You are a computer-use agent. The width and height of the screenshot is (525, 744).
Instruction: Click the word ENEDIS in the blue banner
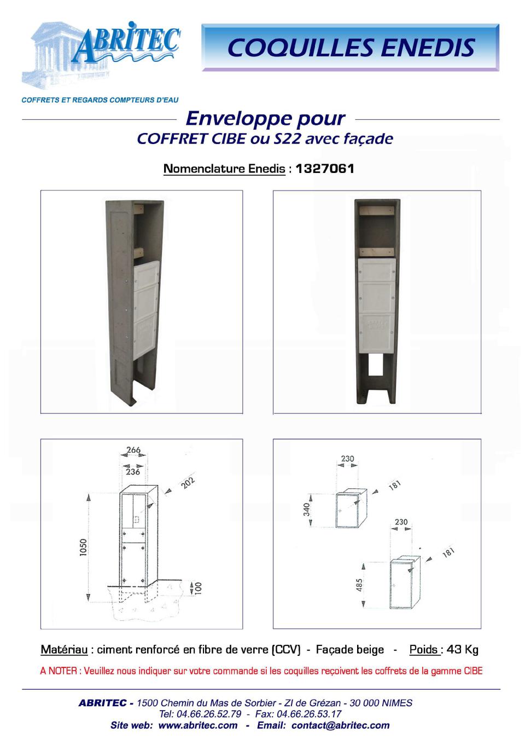pos(428,48)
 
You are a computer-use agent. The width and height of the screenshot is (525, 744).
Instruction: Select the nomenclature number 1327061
pos(325,169)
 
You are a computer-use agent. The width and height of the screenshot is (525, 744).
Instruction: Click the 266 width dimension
pos(133,450)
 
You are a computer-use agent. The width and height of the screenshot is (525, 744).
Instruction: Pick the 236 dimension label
pos(133,472)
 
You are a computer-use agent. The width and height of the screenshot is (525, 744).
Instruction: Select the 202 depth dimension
pos(188,483)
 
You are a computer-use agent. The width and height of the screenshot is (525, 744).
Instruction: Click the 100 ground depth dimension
pos(198,588)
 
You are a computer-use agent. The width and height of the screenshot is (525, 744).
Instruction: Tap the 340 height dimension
pos(307,510)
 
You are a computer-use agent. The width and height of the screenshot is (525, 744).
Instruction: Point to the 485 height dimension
pos(359,585)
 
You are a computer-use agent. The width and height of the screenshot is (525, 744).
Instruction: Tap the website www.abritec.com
pos(198,725)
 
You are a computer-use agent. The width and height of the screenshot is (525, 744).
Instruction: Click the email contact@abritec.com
pos(341,725)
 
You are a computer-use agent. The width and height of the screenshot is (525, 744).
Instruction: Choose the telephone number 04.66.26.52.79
pos(209,713)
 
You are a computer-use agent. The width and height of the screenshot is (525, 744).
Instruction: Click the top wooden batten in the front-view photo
pos(377,210)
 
